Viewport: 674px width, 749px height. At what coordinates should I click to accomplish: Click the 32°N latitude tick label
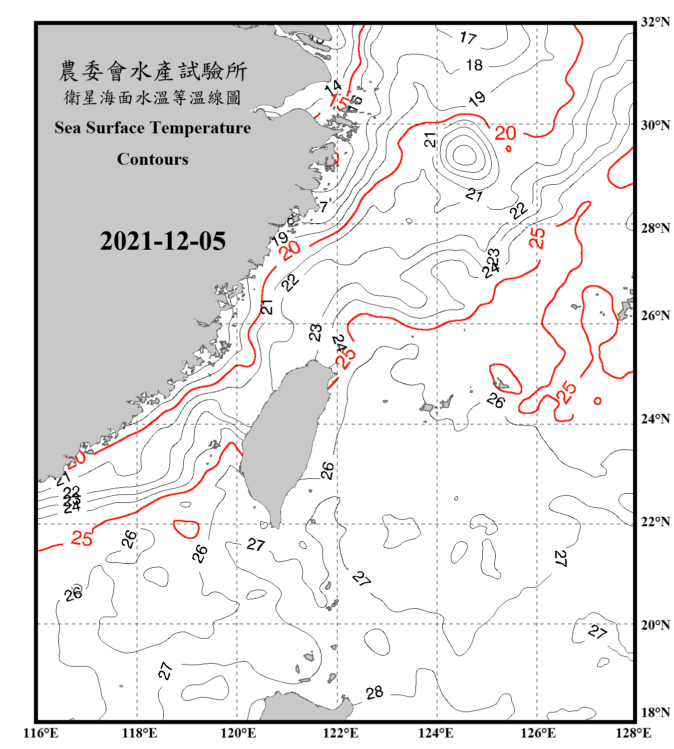pyautogui.click(x=655, y=22)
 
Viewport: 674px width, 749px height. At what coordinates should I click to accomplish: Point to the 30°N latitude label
pyautogui.click(x=655, y=125)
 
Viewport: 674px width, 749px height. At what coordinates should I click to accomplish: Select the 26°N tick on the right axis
pyautogui.click(x=655, y=316)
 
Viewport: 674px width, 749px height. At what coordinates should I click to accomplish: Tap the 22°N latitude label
pyautogui.click(x=655, y=522)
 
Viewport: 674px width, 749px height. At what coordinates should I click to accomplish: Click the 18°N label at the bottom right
pyautogui.click(x=655, y=713)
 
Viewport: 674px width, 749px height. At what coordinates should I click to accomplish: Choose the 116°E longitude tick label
pyautogui.click(x=40, y=733)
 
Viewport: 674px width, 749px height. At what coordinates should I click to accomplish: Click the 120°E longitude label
pyautogui.click(x=238, y=733)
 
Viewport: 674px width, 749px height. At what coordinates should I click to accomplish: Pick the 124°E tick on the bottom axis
pyautogui.click(x=436, y=733)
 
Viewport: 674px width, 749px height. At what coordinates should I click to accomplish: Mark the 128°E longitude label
pyautogui.click(x=633, y=733)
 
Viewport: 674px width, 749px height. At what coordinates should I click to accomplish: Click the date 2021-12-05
pyautogui.click(x=163, y=241)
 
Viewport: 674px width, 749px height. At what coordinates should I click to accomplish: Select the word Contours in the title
pyautogui.click(x=153, y=159)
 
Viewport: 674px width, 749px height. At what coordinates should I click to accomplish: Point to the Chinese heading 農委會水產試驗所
pyautogui.click(x=153, y=71)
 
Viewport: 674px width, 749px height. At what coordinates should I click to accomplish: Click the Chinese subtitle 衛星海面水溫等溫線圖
pyautogui.click(x=153, y=98)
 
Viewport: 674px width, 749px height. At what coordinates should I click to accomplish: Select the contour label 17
pyautogui.click(x=468, y=37)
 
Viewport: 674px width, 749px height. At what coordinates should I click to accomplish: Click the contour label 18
pyautogui.click(x=474, y=65)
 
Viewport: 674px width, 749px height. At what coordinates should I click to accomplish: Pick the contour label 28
pyautogui.click(x=374, y=693)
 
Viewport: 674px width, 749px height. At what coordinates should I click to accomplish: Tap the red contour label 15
pyautogui.click(x=339, y=103)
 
